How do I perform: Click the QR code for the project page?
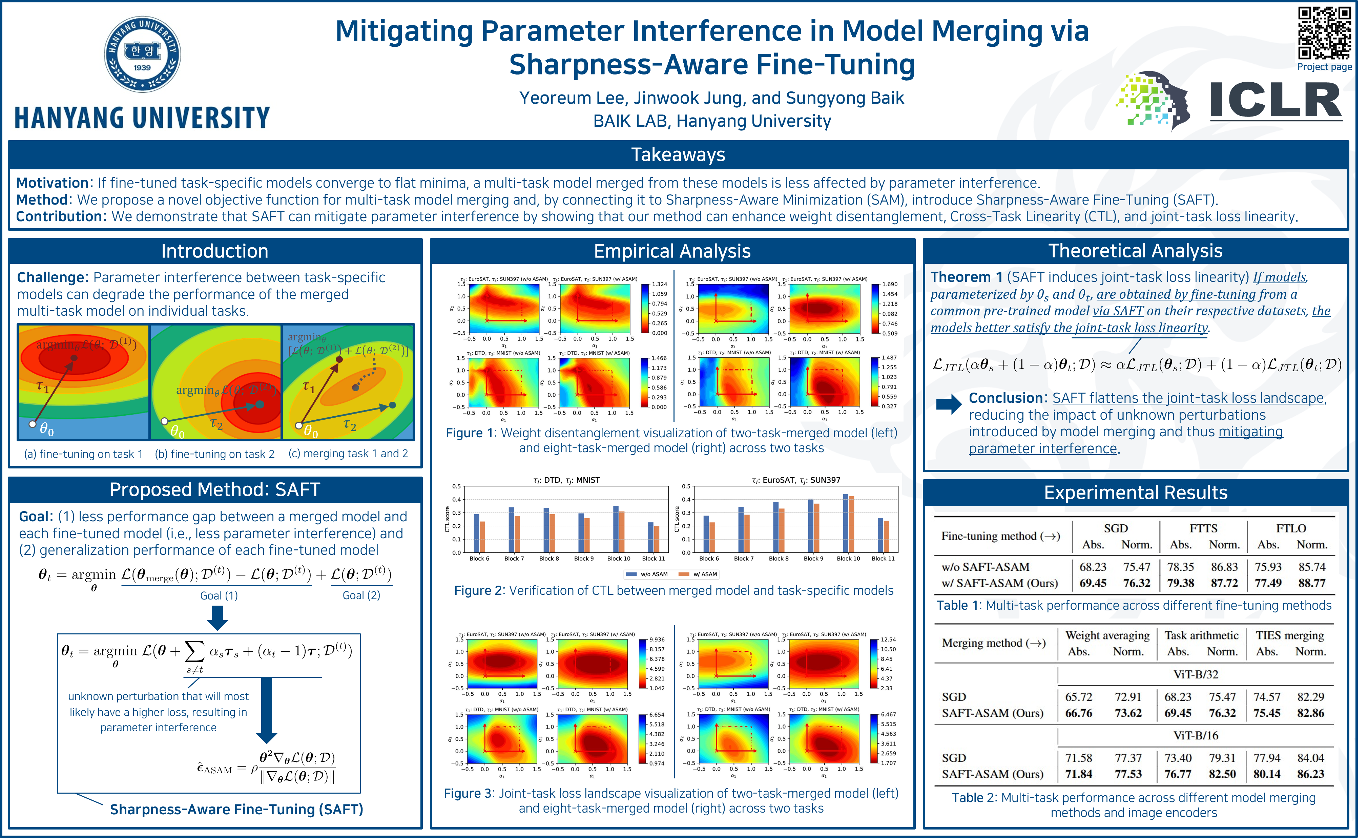1324,33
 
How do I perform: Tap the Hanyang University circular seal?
143,54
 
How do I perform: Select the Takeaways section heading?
678,154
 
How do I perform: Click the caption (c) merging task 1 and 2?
348,454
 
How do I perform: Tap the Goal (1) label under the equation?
219,595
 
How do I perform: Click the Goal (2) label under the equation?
361,595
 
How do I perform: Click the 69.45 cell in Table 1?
1093,583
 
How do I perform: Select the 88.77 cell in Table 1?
1312,583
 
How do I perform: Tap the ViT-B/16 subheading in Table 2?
1196,735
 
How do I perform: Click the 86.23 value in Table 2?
1310,774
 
